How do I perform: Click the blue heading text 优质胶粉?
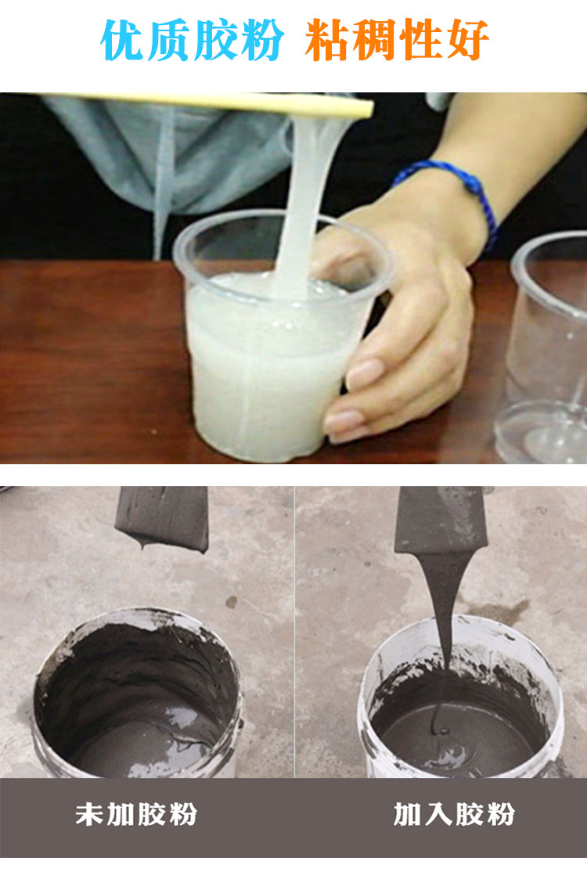(x=192, y=40)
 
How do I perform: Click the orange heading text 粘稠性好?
(x=397, y=39)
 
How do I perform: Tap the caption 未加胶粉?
(x=136, y=814)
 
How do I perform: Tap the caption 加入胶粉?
(x=454, y=814)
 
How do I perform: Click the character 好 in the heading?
(x=468, y=39)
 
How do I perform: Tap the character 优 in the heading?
(x=122, y=40)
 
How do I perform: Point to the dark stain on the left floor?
(x=231, y=602)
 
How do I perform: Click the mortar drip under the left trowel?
(x=142, y=541)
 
